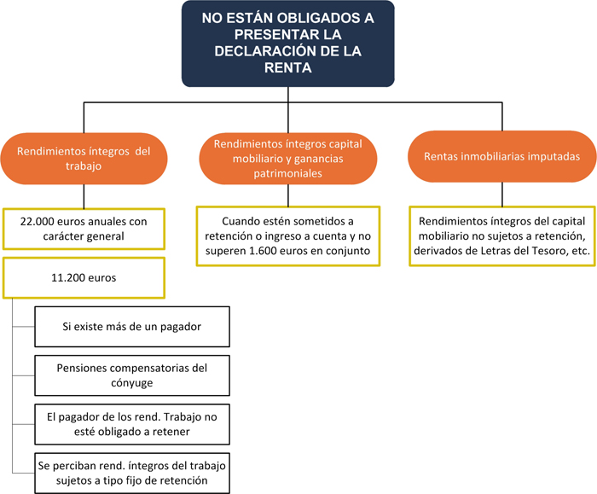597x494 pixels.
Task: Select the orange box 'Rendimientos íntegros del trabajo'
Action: [83, 159]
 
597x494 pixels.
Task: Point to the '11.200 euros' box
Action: [84, 253]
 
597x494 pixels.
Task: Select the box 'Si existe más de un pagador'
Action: [131, 327]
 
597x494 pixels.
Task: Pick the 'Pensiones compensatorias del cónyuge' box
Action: [131, 375]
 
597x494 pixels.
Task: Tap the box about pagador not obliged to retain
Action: [131, 424]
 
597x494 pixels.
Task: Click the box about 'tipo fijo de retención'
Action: [131, 472]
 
